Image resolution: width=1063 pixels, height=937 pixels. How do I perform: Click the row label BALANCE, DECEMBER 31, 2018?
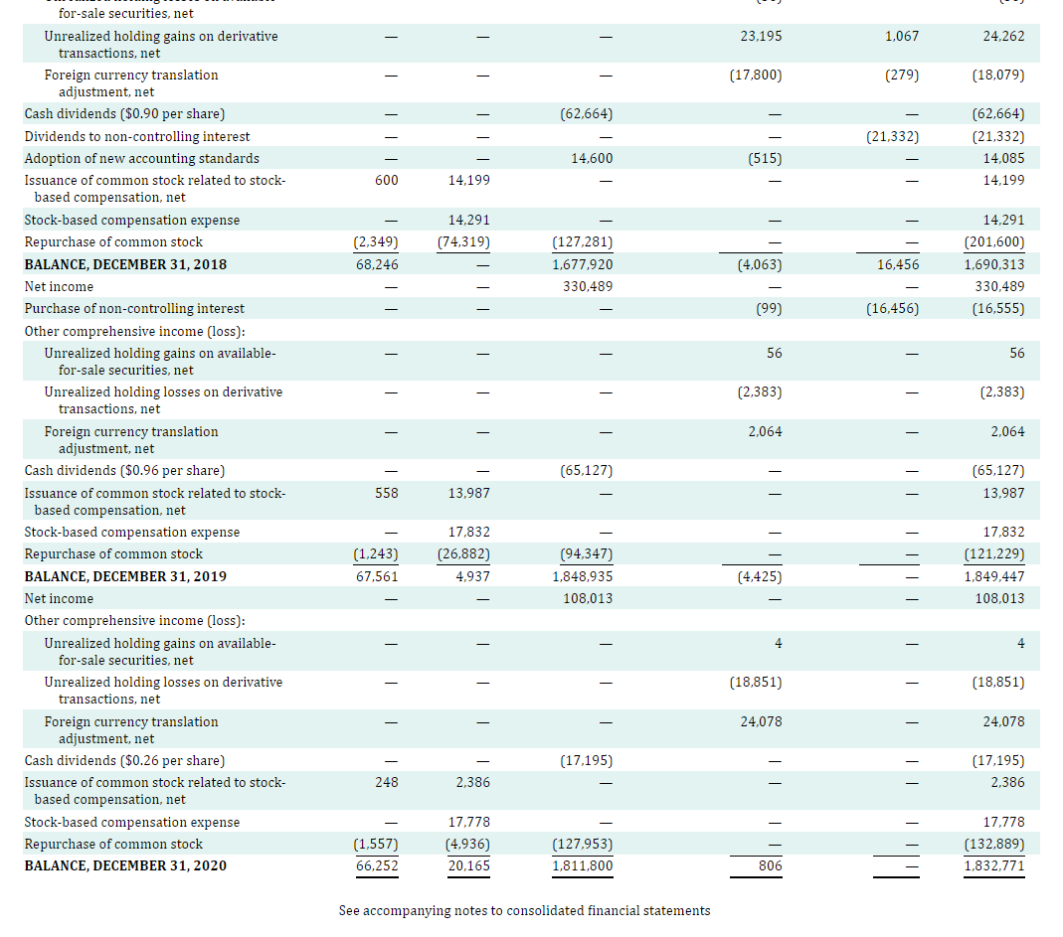[x=125, y=264]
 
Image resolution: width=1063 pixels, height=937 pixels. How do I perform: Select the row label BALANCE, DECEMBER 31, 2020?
[x=125, y=865]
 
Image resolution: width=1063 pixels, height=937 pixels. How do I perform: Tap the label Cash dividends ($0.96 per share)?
[x=124, y=470]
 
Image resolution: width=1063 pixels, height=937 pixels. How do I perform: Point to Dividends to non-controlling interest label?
[x=137, y=136]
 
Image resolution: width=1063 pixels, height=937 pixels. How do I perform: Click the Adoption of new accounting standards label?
[x=141, y=158]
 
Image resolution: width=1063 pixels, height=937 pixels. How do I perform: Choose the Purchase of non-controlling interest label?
[x=134, y=308]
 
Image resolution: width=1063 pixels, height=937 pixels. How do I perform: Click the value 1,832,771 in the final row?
[x=994, y=865]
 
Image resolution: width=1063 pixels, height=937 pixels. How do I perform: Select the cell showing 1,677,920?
[x=583, y=264]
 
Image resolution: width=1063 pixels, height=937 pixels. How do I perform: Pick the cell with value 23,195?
[x=761, y=36]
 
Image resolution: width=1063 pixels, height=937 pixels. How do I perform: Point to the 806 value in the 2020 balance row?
[x=770, y=865]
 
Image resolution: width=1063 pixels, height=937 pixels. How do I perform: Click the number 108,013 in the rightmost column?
[x=998, y=598]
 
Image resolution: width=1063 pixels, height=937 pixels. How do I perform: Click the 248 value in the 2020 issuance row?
[x=387, y=782]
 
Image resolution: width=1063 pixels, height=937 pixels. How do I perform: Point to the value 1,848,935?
[x=583, y=576]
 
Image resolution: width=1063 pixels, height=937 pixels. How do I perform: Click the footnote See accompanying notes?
[x=524, y=910]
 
